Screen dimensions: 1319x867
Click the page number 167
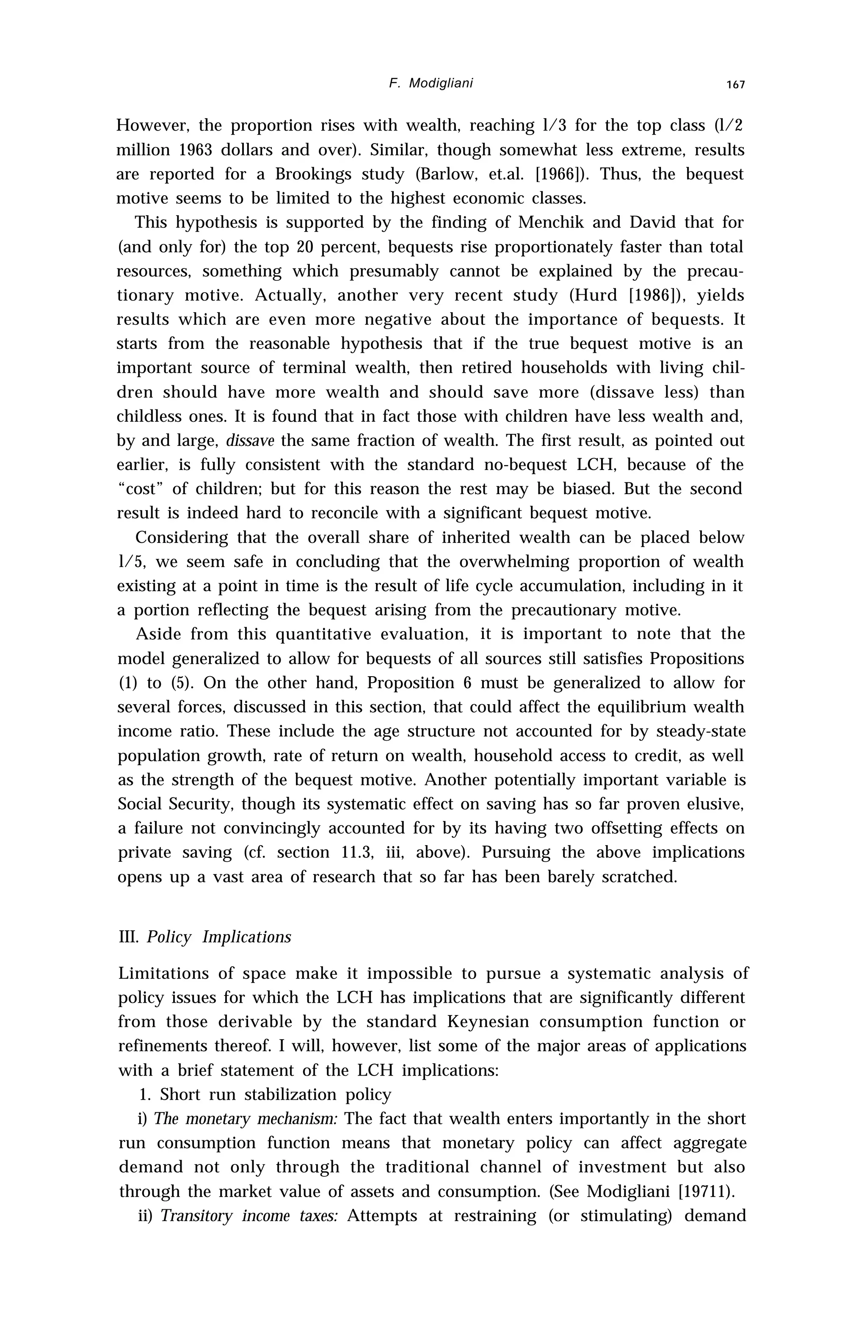(x=736, y=85)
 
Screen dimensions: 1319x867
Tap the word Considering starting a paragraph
(x=181, y=538)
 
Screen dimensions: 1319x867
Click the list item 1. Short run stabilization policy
(x=265, y=1095)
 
